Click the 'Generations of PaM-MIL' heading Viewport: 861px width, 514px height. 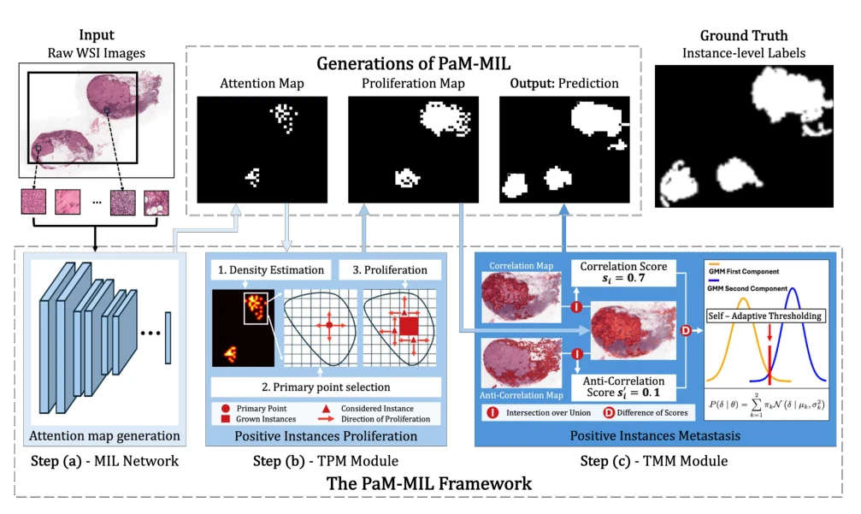click(414, 63)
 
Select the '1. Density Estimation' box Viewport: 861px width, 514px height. click(271, 269)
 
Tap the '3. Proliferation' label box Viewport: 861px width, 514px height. click(390, 269)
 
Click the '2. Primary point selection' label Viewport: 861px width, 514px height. click(326, 387)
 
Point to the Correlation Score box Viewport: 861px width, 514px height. click(624, 272)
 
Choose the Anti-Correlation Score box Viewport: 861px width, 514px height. click(624, 387)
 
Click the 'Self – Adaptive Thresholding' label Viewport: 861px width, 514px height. click(765, 316)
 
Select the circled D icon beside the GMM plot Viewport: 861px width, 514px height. click(686, 330)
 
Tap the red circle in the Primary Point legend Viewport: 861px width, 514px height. click(225, 409)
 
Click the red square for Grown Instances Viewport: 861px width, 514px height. click(225, 419)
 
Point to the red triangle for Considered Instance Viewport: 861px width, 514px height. click(326, 409)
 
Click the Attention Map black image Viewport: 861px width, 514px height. click(262, 150)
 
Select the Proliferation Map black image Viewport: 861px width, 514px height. click(414, 150)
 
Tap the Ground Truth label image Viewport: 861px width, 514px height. click(744, 136)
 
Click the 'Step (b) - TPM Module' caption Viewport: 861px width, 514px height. click(326, 461)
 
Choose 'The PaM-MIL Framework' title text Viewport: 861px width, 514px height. click(429, 483)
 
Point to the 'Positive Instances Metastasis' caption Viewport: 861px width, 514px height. click(655, 436)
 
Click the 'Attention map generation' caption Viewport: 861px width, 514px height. click(104, 436)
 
